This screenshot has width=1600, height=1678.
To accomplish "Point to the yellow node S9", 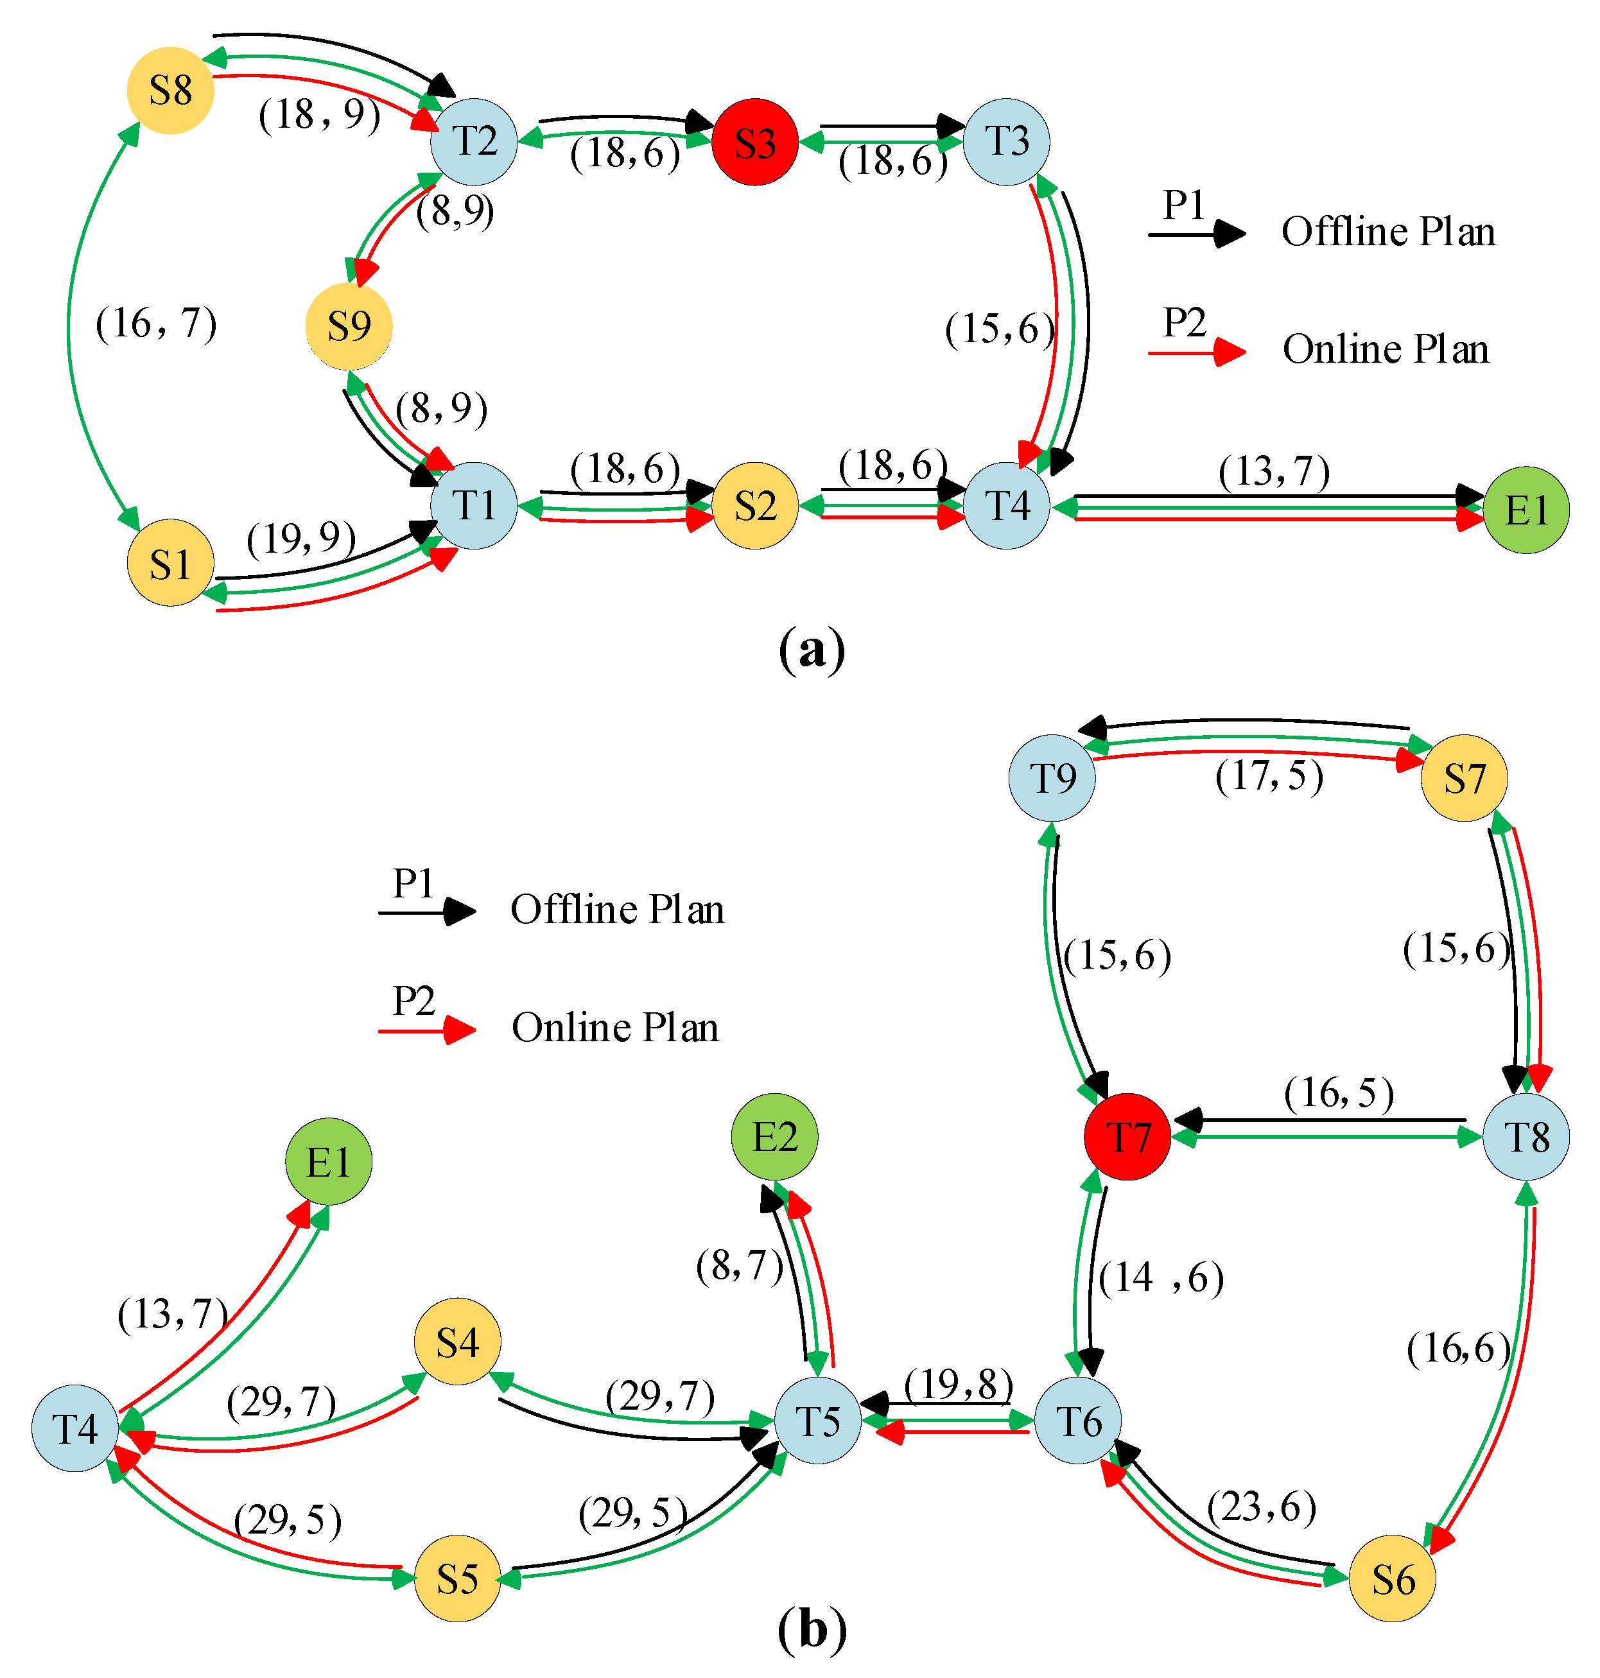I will (349, 327).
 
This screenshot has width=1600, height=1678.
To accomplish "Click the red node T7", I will (1127, 1137).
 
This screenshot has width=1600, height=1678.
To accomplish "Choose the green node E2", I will (774, 1137).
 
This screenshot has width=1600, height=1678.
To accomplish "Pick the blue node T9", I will (1052, 777).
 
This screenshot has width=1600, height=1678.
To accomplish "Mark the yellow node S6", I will (1392, 1579).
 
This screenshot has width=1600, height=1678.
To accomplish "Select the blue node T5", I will (817, 1421).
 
